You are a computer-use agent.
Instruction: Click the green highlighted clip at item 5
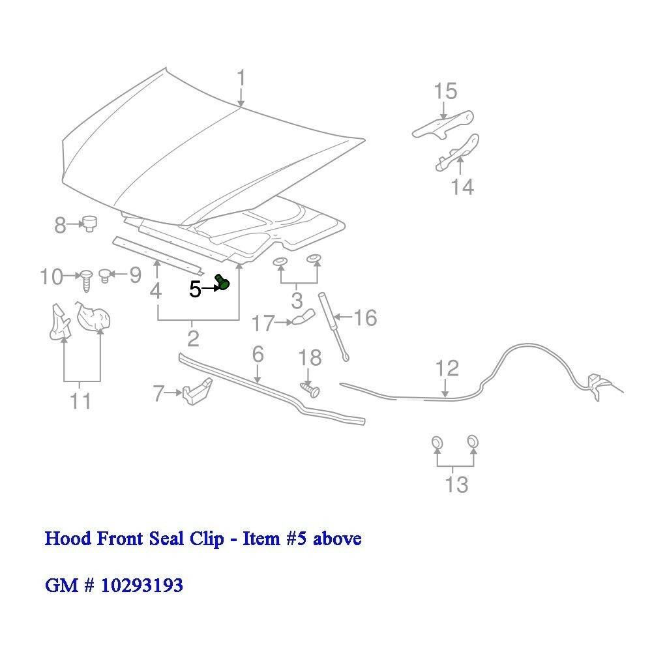[222, 282]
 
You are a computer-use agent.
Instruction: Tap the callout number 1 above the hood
[241, 80]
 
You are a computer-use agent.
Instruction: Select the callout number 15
[445, 91]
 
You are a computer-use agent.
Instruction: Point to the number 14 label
[462, 186]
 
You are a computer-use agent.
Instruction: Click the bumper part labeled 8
[89, 223]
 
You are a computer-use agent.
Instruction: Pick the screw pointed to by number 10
[86, 280]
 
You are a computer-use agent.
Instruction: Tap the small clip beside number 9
[106, 275]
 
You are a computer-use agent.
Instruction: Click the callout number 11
[80, 401]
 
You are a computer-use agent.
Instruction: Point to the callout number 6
[258, 354]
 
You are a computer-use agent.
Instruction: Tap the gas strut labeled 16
[333, 327]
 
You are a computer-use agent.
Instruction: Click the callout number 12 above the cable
[447, 368]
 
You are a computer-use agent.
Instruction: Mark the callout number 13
[456, 484]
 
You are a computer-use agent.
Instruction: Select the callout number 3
[297, 300]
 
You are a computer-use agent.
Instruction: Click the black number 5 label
[195, 289]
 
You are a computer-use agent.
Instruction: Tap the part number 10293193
[141, 585]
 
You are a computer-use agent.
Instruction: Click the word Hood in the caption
[68, 538]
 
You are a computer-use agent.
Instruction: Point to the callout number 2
[193, 339]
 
